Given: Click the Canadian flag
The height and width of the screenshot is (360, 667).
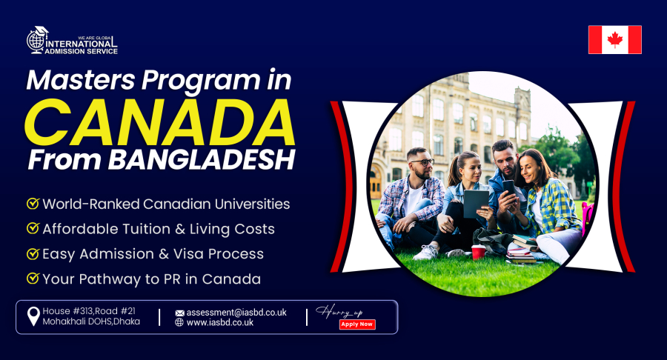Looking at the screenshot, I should pos(614,40).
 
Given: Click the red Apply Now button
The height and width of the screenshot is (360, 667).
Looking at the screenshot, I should pos(357,324).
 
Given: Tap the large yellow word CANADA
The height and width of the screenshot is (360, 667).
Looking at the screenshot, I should pos(159,121).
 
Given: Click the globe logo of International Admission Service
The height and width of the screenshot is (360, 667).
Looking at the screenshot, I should pos(37,40).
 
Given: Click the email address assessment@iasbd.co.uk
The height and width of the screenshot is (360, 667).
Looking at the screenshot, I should pos(236,313).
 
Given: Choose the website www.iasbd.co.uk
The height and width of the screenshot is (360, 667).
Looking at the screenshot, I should pos(219,323).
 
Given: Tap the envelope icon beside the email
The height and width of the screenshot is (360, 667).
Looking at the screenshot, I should pos(179,313).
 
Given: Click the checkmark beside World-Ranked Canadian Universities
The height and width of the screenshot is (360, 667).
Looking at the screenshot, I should pos(33,203).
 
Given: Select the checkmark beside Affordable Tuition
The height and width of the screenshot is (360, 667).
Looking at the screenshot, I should pos(33,229).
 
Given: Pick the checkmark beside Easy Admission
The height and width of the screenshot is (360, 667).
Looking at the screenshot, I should pos(33,254).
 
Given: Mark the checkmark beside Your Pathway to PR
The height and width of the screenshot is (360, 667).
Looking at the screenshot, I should pos(33,279).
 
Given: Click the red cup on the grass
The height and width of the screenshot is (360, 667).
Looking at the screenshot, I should pos(478,252).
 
